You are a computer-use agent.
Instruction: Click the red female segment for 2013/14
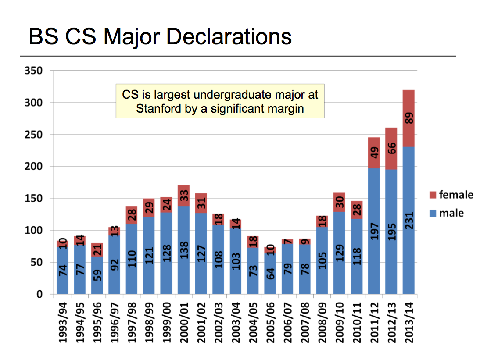click(x=408, y=118)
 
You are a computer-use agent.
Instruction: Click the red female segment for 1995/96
click(x=97, y=250)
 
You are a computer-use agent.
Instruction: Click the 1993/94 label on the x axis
click(x=63, y=321)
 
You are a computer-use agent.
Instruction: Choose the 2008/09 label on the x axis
click(x=322, y=321)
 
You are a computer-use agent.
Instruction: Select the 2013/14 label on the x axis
click(x=408, y=321)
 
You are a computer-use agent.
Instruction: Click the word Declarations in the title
click(x=229, y=37)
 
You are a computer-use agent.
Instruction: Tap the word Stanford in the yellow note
click(x=157, y=108)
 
